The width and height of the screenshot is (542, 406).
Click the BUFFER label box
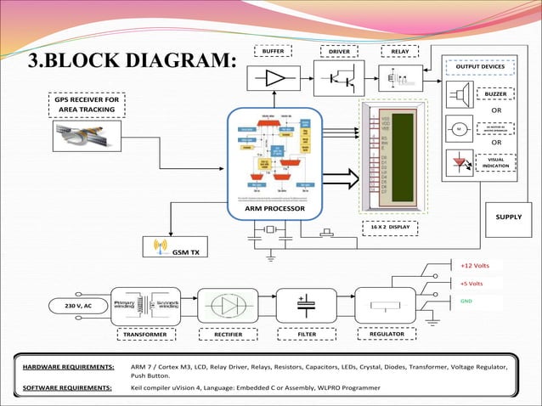click(273, 52)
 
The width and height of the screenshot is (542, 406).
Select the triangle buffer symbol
click(275, 78)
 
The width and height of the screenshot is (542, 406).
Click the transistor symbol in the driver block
click(339, 78)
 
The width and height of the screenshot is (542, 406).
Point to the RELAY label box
click(399, 52)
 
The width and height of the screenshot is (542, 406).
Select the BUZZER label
click(495, 93)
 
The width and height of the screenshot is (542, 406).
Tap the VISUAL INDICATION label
click(495, 161)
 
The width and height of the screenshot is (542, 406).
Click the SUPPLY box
click(508, 217)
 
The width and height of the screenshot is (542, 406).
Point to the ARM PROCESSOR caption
click(275, 208)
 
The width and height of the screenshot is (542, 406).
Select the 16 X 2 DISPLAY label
click(392, 227)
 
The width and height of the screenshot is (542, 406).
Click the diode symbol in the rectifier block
click(227, 305)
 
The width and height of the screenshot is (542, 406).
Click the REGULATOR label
click(387, 335)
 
